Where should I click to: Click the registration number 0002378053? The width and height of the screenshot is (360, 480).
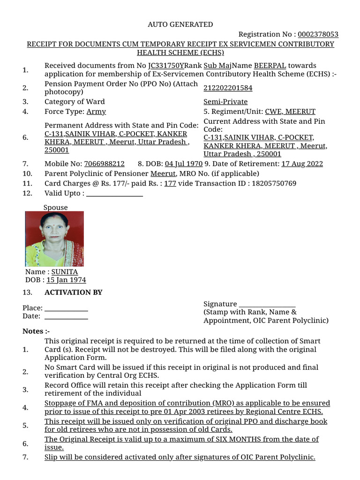pos(318,34)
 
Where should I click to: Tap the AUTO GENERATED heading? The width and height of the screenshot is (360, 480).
pos(180,24)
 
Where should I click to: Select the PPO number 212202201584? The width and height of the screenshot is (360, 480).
pos(228,88)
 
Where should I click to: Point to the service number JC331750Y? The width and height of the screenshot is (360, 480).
pos(166,66)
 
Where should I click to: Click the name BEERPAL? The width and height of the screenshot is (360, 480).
pos(270,66)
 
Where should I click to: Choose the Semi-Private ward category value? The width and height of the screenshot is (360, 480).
pos(225,102)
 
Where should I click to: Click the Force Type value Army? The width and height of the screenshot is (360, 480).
pos(96,112)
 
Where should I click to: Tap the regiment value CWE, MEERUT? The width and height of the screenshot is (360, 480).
pos(290,112)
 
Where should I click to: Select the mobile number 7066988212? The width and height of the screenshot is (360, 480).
pos(104,164)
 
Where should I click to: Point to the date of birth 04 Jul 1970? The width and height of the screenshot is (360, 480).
pos(184,164)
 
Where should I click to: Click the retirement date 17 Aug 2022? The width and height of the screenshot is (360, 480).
pos(302,164)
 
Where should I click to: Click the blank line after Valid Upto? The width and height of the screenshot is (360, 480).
pos(115,194)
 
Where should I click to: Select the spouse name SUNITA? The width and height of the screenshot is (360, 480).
pos(65,272)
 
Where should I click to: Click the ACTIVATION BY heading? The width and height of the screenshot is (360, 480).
pos(73,292)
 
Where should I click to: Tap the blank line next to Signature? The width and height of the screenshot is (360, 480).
pos(267,304)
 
